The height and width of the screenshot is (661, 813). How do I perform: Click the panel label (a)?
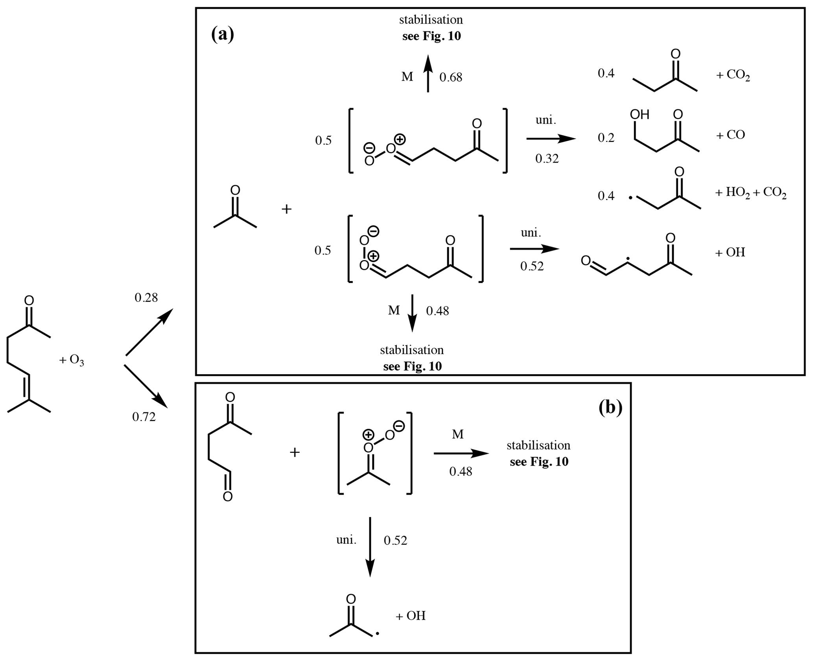(223, 35)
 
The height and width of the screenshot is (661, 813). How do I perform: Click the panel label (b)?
(610, 408)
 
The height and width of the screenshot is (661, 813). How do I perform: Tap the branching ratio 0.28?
(146, 298)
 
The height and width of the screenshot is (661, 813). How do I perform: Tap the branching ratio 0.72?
(144, 417)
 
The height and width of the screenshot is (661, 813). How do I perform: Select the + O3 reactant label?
(72, 360)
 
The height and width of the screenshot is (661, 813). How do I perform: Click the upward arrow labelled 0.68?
(428, 74)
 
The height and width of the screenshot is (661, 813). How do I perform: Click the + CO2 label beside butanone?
(733, 75)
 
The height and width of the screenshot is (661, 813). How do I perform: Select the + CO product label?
(730, 135)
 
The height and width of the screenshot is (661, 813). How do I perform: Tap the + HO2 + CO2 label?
(750, 194)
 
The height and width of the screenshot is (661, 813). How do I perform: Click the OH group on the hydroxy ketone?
(640, 114)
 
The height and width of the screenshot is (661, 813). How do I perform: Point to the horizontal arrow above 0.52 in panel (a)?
(534, 249)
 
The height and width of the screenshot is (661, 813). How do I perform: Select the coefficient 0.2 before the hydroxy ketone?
(606, 138)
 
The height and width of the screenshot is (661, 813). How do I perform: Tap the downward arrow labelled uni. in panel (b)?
(370, 547)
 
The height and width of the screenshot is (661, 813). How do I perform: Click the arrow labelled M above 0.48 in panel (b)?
(461, 453)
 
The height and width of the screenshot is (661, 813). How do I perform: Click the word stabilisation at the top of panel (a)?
(431, 19)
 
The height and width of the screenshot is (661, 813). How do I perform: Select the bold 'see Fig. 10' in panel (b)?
(539, 462)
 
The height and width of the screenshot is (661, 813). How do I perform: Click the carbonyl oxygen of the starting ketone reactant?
(29, 301)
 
